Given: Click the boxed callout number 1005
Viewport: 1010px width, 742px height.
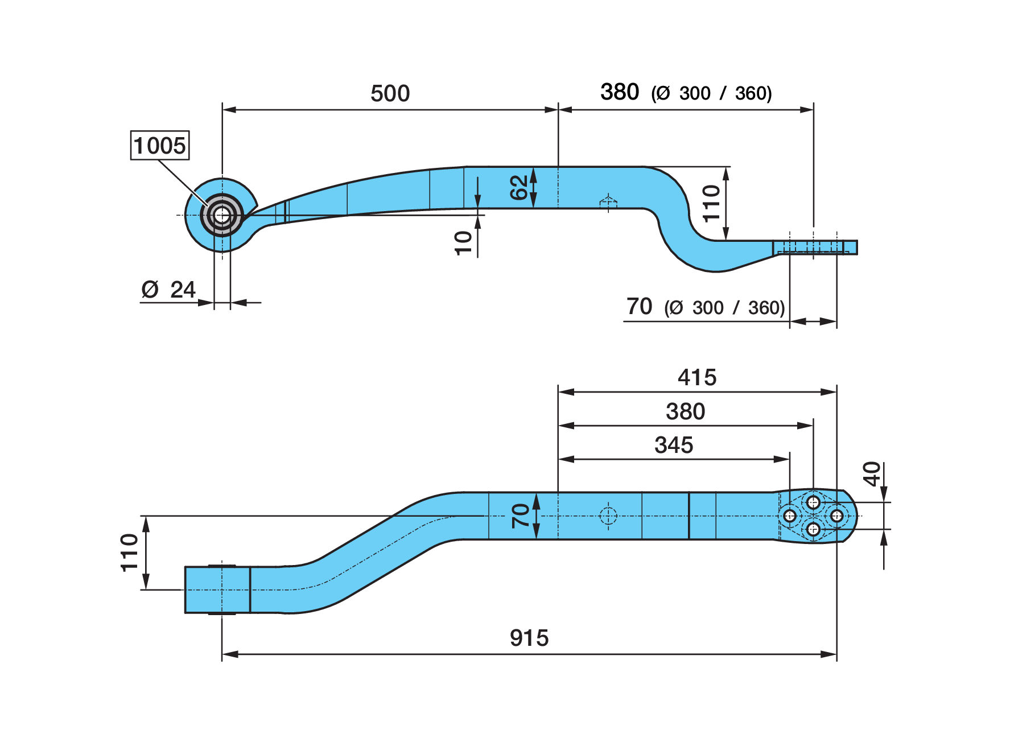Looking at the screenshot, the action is coord(160,146).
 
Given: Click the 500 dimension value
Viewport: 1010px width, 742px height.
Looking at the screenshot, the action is coord(390,93).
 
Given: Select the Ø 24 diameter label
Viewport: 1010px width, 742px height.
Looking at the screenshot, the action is coord(168,290).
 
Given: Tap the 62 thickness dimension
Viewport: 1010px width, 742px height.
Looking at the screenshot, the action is coord(519,187).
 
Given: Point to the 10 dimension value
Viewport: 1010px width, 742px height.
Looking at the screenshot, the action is coord(464,243).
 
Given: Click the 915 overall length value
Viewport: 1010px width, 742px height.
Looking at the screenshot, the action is coord(529,638).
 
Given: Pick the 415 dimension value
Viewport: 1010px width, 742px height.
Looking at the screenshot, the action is coord(697,377).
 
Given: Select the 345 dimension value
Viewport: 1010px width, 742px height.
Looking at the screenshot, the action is coord(674,445).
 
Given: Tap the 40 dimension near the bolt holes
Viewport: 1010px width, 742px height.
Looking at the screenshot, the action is coord(872,474).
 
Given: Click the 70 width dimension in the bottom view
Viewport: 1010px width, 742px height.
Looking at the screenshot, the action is coord(520,516).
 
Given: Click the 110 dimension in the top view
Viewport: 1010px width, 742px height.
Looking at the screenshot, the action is coord(711,203).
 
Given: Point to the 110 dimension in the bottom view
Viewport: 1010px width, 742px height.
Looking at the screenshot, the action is coord(130,553).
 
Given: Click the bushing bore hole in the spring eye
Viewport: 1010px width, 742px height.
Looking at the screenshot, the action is coord(222,216).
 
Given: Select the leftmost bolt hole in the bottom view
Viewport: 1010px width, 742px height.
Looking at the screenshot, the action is coord(790,516).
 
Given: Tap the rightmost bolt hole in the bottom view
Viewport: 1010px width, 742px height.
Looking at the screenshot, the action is coord(836,516).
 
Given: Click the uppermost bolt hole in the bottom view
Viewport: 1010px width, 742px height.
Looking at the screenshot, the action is coord(813,502).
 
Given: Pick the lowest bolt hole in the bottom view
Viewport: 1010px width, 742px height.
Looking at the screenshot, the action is coord(813,530).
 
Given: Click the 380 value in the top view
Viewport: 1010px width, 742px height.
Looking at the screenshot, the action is coord(620,92).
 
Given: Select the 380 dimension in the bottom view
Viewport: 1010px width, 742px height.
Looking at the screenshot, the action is coord(686,411).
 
